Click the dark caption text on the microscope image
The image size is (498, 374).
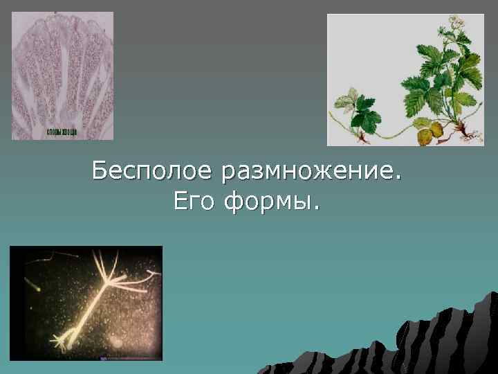62,132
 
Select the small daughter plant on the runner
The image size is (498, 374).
360,111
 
